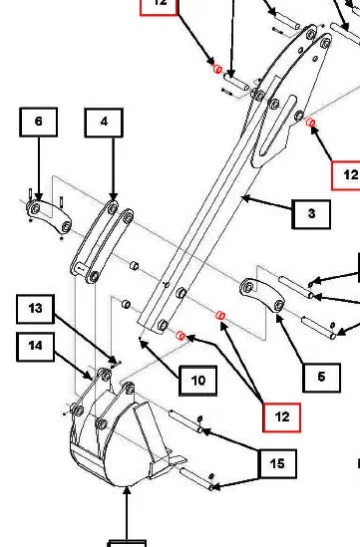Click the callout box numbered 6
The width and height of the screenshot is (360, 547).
point(39,122)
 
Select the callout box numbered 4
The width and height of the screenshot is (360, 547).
point(104,123)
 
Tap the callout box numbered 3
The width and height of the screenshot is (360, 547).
point(311,214)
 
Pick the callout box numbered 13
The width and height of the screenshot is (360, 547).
point(35,309)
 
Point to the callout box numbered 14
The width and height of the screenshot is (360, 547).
point(35,347)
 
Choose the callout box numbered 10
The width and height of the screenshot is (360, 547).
point(198,381)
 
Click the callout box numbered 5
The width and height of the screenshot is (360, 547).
point(321,378)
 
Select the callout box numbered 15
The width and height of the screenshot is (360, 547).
point(277,463)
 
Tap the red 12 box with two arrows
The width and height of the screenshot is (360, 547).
point(282,417)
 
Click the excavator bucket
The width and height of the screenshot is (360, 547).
point(123,436)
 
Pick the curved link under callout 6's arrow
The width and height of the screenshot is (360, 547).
point(49,216)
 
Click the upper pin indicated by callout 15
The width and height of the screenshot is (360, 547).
point(186,421)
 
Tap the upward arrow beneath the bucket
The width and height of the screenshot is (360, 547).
point(127,513)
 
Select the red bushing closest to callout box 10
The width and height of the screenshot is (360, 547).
point(180,336)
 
